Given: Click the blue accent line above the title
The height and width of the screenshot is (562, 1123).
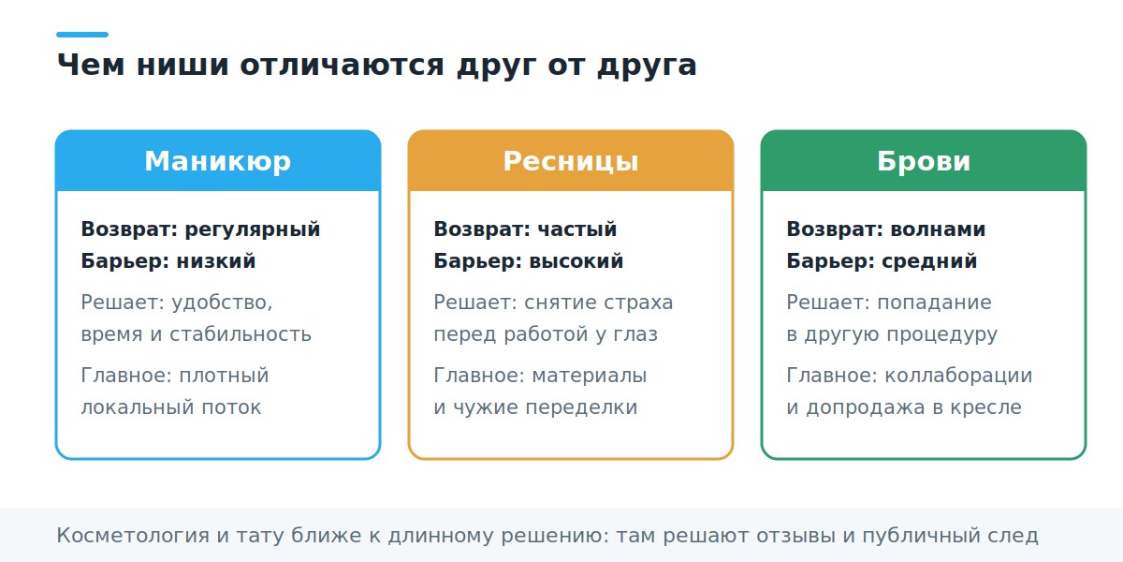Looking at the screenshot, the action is (82, 35).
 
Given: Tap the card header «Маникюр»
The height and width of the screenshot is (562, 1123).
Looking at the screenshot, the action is (218, 161).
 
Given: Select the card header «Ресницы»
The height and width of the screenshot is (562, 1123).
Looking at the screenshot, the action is (571, 161).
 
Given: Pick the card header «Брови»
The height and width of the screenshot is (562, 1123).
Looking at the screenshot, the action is (924, 161).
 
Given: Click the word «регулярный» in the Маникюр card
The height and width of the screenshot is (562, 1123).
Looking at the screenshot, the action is (253, 229).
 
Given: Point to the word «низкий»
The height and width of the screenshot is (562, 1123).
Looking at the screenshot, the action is (216, 261).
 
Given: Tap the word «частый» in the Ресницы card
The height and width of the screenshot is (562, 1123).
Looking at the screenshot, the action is (577, 229).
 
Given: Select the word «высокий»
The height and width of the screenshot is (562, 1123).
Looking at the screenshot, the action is (576, 261).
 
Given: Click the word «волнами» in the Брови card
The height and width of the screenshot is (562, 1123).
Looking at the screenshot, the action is (938, 229).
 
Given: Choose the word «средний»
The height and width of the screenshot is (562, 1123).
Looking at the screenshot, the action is (929, 261).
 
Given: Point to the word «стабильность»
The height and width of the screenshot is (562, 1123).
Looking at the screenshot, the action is (241, 334).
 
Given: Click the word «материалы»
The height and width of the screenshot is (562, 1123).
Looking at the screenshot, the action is (589, 376).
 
